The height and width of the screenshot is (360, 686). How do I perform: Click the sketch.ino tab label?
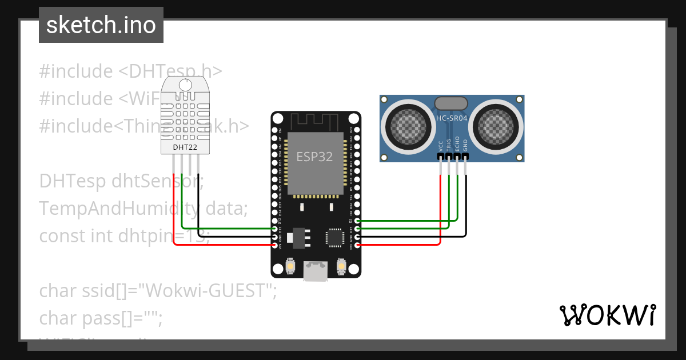[x=101, y=25]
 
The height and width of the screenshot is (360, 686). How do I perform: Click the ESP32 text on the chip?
[x=314, y=157]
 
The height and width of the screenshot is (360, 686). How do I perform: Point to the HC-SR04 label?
[x=452, y=118]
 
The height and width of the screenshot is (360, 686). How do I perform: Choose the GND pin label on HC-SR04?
[x=465, y=145]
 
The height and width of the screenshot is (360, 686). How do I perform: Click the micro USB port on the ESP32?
[x=316, y=271]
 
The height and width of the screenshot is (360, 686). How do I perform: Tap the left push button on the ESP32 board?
[x=290, y=267]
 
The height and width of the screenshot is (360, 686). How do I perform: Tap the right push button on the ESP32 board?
[x=341, y=267]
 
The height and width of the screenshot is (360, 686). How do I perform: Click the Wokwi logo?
[x=607, y=315]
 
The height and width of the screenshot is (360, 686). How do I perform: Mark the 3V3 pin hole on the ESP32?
[x=357, y=245]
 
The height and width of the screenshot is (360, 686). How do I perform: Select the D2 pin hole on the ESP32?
[x=357, y=221]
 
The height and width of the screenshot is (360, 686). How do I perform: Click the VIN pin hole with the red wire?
[x=275, y=245]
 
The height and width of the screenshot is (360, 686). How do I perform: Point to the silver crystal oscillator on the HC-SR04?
[x=451, y=103]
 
